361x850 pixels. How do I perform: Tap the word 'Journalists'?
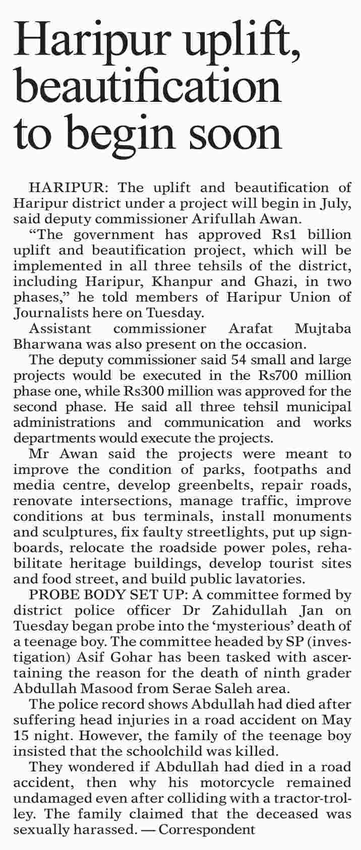pyautogui.click(x=50, y=313)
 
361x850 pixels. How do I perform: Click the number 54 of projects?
pyautogui.click(x=238, y=360)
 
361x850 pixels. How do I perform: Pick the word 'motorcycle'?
pyautogui.click(x=237, y=782)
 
